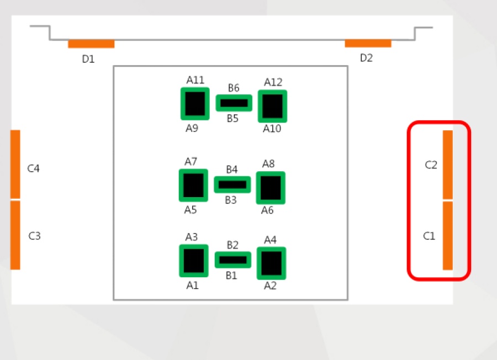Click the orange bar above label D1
click(91, 44)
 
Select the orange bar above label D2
click(368, 44)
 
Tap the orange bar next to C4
click(15, 164)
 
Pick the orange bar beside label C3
click(15, 235)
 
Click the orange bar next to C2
click(447, 165)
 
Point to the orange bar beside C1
click(447, 236)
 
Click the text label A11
click(195, 80)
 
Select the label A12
click(273, 82)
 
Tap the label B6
click(234, 88)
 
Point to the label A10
click(272, 129)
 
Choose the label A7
click(191, 162)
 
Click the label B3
click(231, 200)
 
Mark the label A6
click(267, 210)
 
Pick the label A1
click(192, 285)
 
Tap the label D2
click(367, 58)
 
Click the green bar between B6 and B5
click(234, 103)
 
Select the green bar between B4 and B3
click(232, 185)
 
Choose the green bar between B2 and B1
click(233, 260)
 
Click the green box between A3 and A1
click(194, 261)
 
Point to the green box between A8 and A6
click(271, 188)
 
